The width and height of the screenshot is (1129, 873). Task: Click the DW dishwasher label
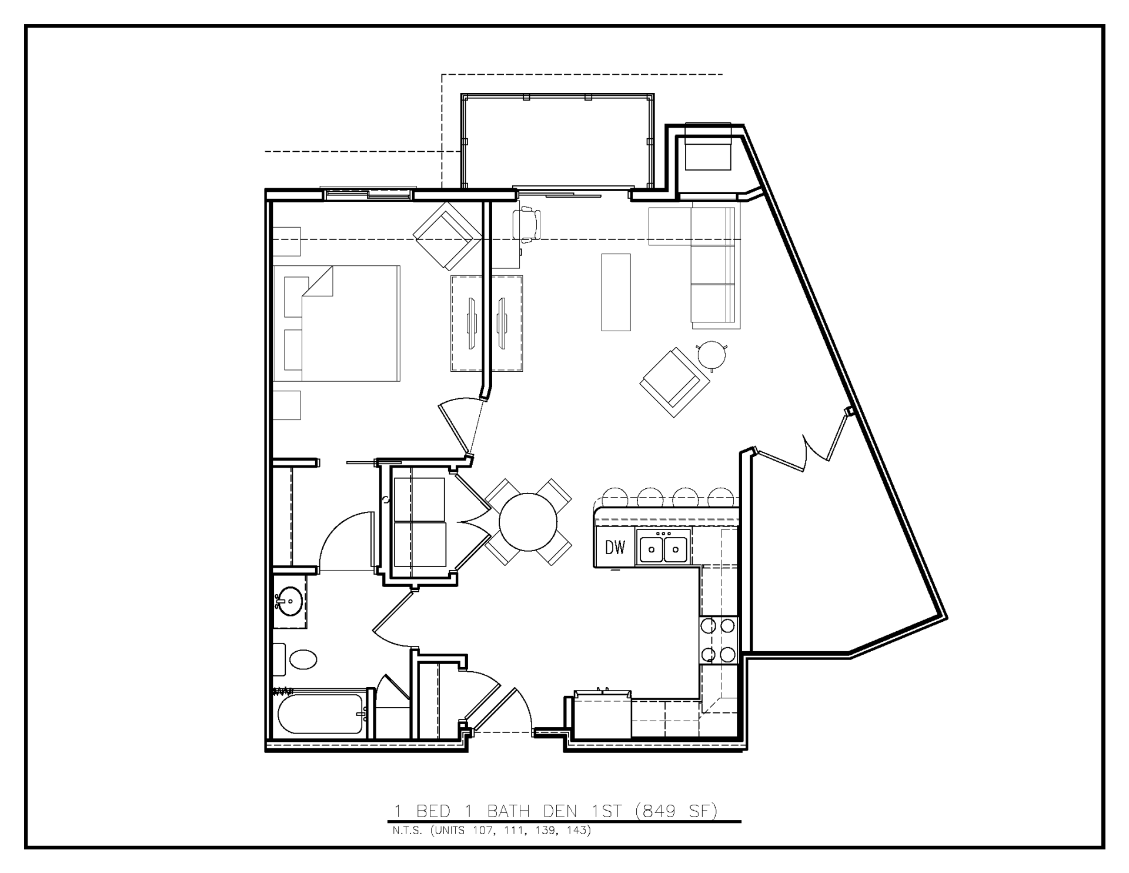pos(615,548)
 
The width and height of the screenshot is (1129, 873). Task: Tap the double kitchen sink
pos(663,548)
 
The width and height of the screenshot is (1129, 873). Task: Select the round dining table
pos(528,522)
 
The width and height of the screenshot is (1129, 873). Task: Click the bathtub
pos(320,714)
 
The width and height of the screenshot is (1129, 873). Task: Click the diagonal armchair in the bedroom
pos(447,236)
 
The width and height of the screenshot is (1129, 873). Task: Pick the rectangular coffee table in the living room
pos(616,292)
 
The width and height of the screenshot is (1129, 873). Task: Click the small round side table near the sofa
pos(712,354)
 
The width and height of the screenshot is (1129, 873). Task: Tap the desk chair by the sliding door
pos(527,224)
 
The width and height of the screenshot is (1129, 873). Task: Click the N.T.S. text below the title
pos(406,831)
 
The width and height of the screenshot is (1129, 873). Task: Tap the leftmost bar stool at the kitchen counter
pos(613,498)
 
